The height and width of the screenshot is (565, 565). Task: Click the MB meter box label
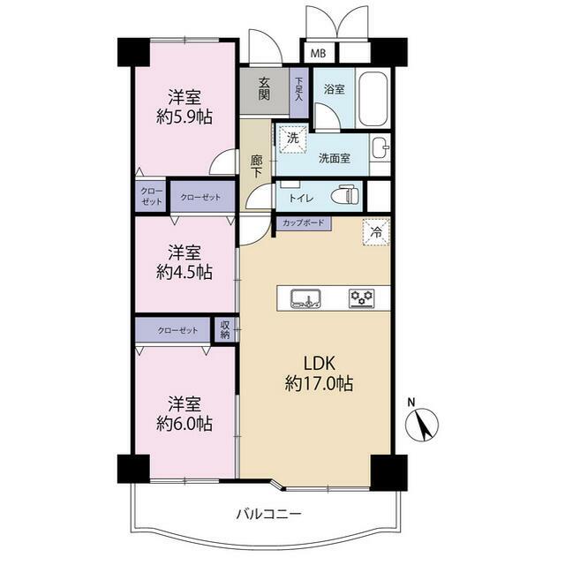click(x=318, y=54)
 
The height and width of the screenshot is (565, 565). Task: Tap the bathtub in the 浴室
click(x=373, y=98)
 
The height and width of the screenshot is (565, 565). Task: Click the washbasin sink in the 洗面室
click(x=380, y=147)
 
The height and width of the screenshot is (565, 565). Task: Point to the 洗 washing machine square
click(x=292, y=138)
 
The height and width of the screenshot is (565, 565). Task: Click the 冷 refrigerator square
click(x=376, y=232)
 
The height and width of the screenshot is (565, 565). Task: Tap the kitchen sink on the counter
click(x=306, y=298)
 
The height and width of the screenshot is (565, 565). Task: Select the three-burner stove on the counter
click(x=362, y=298)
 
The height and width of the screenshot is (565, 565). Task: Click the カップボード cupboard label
click(x=304, y=222)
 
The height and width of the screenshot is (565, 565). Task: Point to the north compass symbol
click(x=422, y=424)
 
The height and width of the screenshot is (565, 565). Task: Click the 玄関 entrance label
click(x=264, y=88)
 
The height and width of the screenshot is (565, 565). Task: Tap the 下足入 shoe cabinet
click(x=298, y=92)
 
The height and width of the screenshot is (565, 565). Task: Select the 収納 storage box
click(x=224, y=329)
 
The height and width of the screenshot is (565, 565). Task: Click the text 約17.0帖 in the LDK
click(x=320, y=383)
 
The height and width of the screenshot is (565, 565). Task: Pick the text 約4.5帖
click(x=185, y=272)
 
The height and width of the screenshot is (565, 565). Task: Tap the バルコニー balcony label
click(x=268, y=514)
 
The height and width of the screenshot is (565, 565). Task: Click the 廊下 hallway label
click(x=256, y=166)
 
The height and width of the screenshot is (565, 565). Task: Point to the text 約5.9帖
click(x=185, y=117)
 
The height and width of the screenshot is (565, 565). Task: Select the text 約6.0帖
click(x=185, y=424)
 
